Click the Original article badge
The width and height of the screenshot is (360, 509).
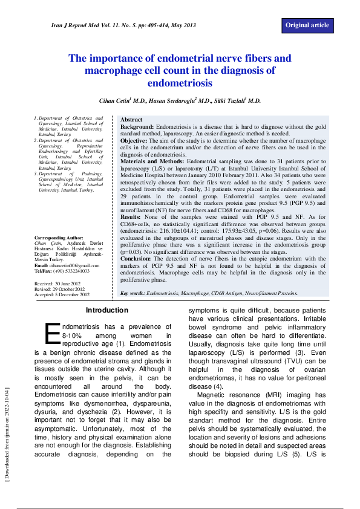(307, 25)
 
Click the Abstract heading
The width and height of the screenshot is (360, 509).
(131, 120)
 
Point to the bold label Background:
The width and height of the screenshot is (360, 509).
(137, 127)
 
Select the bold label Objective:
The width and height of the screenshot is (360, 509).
(134, 140)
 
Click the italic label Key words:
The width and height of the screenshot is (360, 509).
(133, 293)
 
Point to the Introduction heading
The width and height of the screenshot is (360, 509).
(107, 310)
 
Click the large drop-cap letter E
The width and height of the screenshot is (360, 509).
(52, 333)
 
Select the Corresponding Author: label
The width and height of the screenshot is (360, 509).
(59, 255)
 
